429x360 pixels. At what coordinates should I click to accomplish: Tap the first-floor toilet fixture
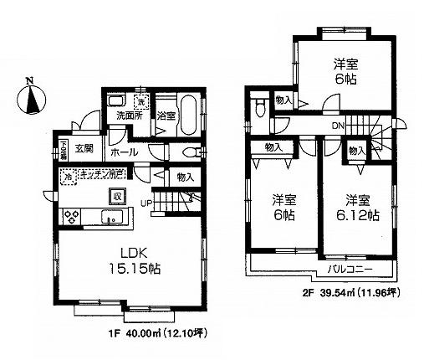192,153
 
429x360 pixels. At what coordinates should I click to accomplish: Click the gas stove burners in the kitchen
71,216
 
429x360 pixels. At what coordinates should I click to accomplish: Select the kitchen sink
110,218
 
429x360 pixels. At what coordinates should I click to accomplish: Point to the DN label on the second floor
338,126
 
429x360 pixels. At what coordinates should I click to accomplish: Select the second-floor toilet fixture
263,107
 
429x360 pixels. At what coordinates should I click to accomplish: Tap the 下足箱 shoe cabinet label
63,149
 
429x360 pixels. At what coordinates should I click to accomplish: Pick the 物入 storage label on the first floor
186,177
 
